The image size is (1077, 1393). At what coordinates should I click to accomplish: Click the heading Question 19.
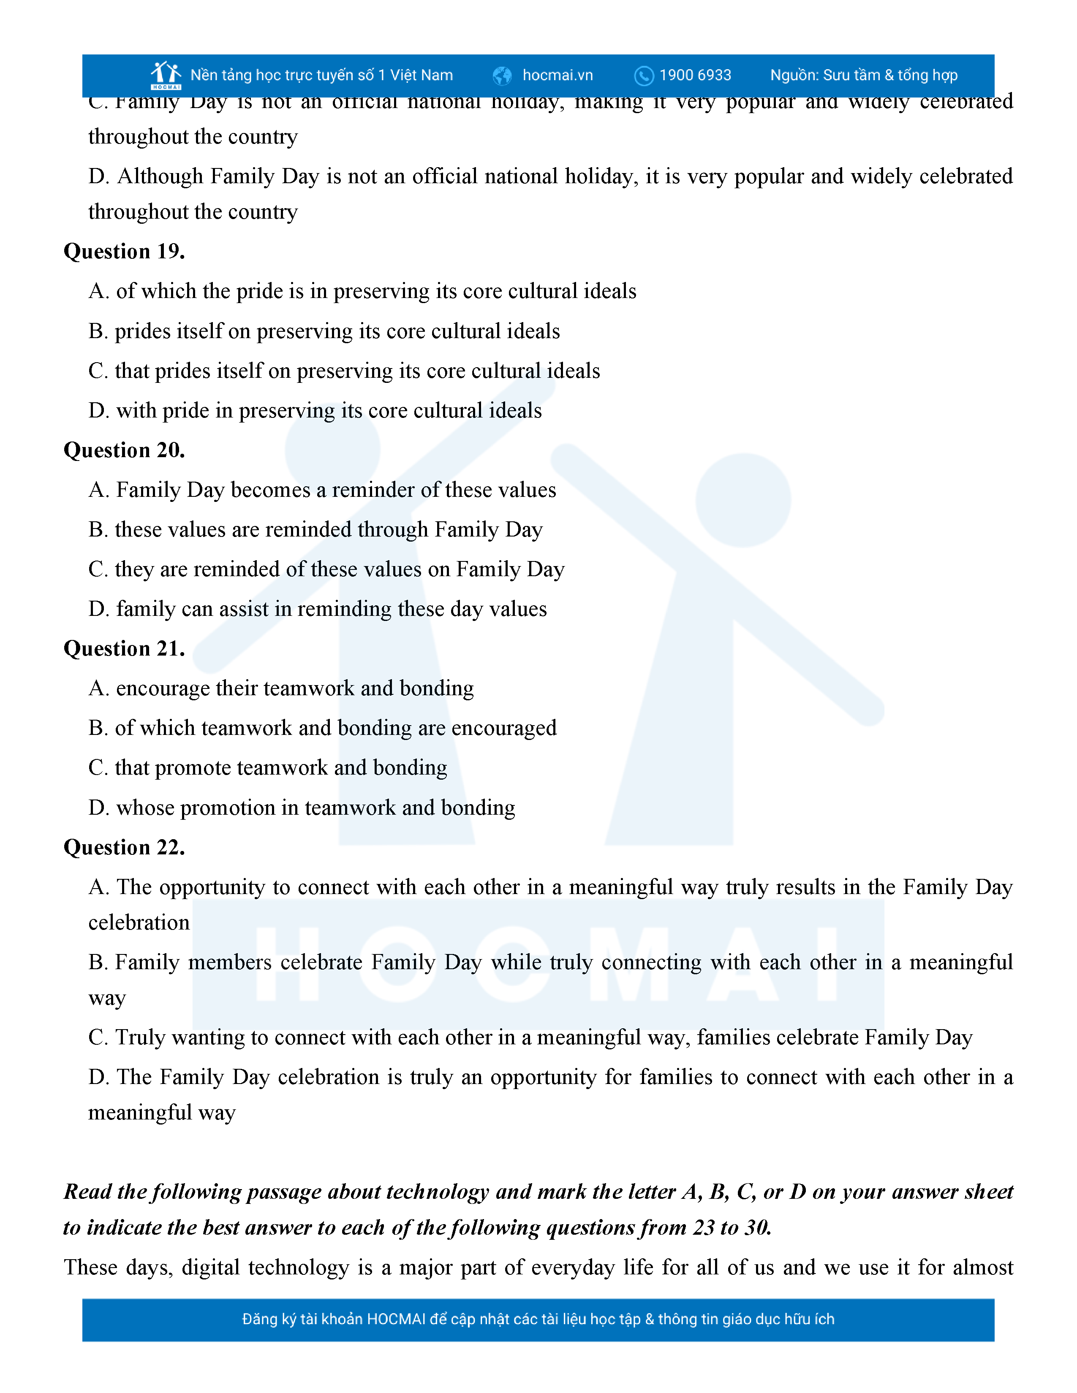125,251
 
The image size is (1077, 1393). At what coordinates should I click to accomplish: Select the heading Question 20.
125,450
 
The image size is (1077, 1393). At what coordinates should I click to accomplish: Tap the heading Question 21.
125,649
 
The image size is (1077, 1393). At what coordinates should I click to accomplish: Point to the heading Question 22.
125,848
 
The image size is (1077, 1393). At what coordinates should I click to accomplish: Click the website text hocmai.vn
558,75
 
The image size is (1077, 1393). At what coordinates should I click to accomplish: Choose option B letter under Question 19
98,331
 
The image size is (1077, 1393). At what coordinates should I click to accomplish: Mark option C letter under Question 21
98,768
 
